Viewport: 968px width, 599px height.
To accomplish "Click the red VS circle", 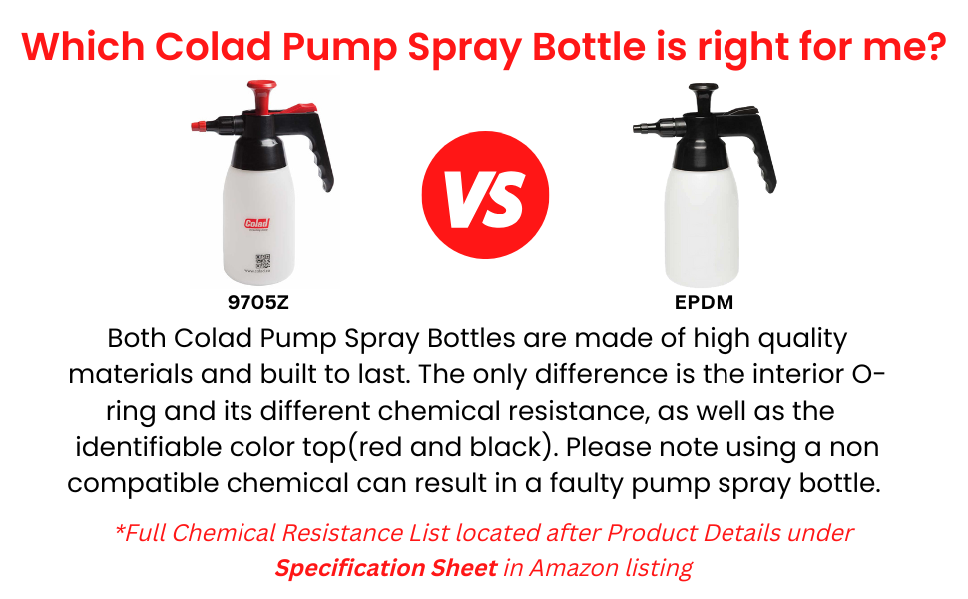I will (x=484, y=195).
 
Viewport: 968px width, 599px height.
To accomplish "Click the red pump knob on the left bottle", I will (x=262, y=98).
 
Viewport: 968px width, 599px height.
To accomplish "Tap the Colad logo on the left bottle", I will (x=257, y=224).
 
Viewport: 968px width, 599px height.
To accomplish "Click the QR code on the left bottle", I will (x=263, y=262).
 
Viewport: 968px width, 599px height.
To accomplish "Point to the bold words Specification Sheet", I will (x=386, y=568).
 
